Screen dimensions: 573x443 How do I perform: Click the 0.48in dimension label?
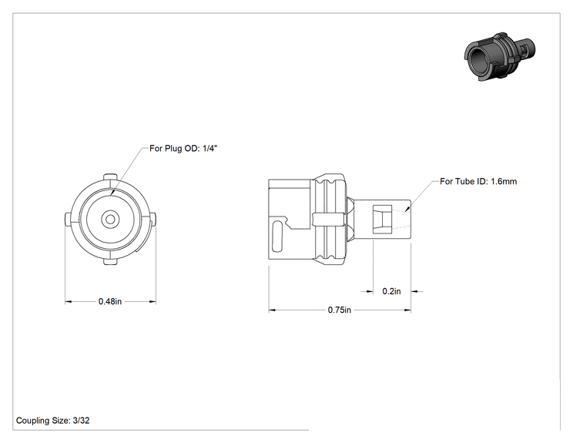(x=110, y=301)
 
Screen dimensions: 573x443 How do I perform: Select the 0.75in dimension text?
(x=339, y=310)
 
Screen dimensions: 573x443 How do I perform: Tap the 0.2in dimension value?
(x=391, y=291)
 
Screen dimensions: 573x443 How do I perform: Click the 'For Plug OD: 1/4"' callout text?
(x=183, y=149)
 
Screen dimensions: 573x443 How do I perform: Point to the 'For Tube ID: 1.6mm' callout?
(x=478, y=181)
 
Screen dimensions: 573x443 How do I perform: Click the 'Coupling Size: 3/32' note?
(x=52, y=421)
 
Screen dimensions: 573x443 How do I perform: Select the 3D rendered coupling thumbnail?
(x=500, y=56)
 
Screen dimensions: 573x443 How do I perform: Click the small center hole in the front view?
(x=110, y=220)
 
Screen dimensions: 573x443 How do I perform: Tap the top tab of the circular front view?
(x=110, y=177)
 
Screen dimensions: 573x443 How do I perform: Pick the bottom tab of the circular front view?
(x=110, y=262)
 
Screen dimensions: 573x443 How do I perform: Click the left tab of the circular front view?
(x=68, y=220)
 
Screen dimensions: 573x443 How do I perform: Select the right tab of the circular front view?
(x=152, y=220)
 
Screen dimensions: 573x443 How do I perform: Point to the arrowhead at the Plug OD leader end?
(x=112, y=192)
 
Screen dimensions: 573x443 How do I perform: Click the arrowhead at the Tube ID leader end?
(x=407, y=209)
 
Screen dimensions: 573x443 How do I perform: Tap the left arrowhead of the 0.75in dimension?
(x=272, y=310)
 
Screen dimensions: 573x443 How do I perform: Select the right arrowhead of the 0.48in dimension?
(x=152, y=302)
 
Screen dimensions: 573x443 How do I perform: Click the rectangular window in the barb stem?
(x=382, y=220)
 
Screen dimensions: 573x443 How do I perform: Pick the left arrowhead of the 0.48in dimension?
(x=69, y=302)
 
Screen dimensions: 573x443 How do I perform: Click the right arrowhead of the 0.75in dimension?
(x=407, y=310)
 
